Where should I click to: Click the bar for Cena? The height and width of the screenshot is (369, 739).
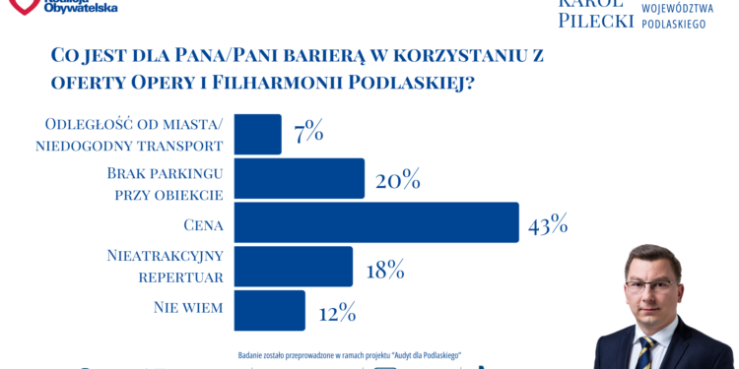tap(375, 222)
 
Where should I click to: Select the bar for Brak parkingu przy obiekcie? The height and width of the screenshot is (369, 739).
tap(299, 178)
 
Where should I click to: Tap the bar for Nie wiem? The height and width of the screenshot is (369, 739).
tap(269, 311)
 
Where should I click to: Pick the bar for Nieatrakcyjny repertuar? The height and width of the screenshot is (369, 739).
tap(293, 267)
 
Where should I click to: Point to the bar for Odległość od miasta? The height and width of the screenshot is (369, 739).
tap(257, 134)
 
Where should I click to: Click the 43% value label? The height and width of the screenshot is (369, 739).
tap(548, 225)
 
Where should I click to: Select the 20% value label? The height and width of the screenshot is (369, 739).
tap(397, 180)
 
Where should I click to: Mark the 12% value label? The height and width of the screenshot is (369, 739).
tap(336, 314)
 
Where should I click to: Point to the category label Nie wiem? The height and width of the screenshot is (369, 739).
tap(188, 308)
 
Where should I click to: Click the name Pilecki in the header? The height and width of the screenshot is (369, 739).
tap(595, 20)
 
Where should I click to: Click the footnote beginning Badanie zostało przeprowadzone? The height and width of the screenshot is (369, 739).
tap(350, 354)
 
